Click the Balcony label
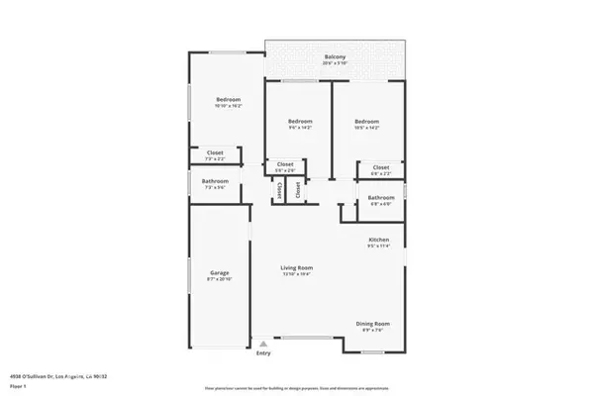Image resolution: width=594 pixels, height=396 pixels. [x=335, y=57]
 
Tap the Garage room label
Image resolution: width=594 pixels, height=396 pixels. [x=219, y=272]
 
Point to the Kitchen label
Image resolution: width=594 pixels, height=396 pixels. [x=379, y=241]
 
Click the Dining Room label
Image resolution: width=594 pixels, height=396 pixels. [x=373, y=324]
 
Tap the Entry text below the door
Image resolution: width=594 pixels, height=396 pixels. [x=263, y=352]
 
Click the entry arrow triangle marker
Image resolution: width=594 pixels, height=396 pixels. [x=263, y=344]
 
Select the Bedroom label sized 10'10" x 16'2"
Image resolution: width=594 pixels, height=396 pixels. [x=229, y=99]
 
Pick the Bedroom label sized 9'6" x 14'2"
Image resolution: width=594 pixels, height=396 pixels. [x=299, y=121]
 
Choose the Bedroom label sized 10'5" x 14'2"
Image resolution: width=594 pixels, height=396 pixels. [x=367, y=121]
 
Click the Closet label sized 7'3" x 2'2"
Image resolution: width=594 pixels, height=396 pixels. [x=215, y=152]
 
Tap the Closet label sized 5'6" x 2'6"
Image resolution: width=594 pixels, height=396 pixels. [x=284, y=164]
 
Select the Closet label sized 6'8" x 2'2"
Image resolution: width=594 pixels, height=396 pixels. [x=381, y=167]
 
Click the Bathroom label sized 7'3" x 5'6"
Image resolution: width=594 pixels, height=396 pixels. [x=215, y=181]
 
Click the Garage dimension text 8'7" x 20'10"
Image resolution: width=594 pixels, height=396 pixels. [x=219, y=279]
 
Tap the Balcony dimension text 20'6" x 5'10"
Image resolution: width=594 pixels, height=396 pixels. [x=335, y=64]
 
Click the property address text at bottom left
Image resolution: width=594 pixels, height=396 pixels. [x=59, y=376]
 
